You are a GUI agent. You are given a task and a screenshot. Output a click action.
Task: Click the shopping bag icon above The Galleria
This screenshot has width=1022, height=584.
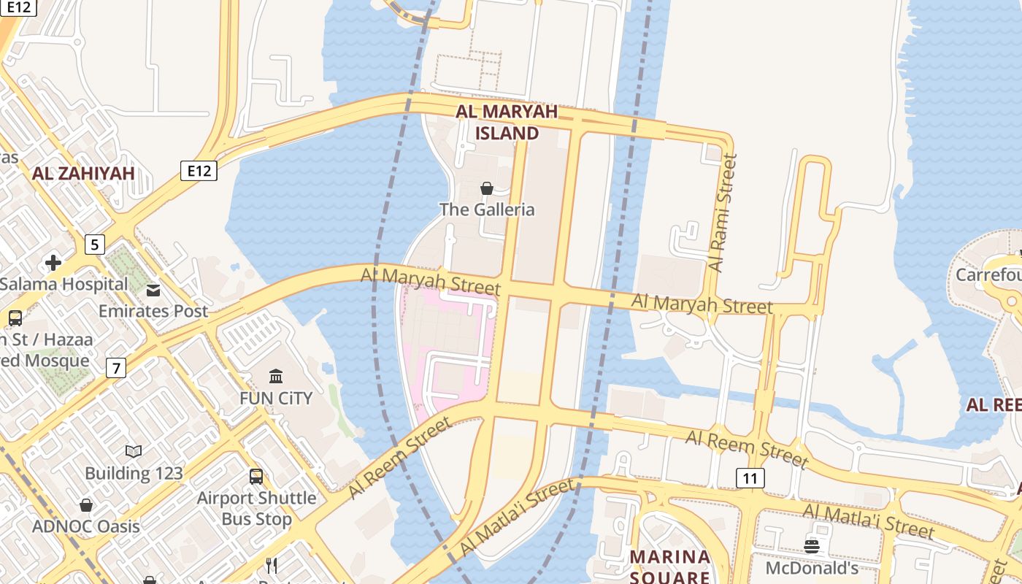(487, 188)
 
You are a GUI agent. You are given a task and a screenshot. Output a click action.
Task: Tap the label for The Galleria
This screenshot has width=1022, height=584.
(487, 210)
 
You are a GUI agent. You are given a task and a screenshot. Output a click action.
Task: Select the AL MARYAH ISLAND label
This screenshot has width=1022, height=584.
(507, 122)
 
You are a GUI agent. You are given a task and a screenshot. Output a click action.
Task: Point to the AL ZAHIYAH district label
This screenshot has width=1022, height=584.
(83, 173)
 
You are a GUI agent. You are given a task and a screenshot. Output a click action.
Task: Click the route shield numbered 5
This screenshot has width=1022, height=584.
(94, 244)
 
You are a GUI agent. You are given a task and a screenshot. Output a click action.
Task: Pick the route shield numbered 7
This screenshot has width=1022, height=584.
(115, 368)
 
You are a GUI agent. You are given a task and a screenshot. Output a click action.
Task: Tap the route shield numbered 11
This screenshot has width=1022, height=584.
(750, 478)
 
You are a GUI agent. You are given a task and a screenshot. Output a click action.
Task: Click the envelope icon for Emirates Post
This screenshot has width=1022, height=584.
(153, 291)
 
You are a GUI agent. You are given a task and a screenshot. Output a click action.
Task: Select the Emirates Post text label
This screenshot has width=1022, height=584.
(153, 311)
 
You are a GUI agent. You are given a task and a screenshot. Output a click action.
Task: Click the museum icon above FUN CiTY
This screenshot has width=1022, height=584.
(276, 377)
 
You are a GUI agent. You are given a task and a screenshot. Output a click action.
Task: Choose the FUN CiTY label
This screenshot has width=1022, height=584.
(276, 398)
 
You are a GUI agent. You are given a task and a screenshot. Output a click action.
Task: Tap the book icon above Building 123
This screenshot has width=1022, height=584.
(134, 452)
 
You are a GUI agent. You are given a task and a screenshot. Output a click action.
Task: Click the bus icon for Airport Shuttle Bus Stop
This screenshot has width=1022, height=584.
(256, 477)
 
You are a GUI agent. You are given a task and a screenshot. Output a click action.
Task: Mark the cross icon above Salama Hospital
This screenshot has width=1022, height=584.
(53, 263)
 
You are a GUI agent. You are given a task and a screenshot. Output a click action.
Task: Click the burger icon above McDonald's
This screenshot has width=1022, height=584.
(812, 546)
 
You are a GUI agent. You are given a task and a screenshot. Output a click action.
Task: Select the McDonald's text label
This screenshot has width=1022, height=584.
(812, 567)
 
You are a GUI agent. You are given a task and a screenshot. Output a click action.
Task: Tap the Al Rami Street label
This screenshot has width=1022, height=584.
(723, 212)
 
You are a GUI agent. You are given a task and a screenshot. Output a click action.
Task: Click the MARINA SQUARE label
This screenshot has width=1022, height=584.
(670, 566)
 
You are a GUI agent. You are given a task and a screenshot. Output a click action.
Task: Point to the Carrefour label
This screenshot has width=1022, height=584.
(988, 274)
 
